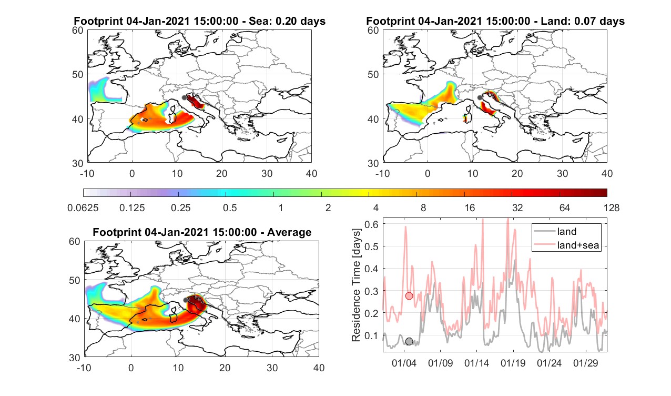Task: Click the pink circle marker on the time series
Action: (409, 296)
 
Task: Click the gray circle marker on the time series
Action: (409, 341)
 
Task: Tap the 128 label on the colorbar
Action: (612, 207)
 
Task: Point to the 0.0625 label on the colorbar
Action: (83, 207)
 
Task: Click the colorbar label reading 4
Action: (375, 207)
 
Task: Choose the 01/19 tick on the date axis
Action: (513, 363)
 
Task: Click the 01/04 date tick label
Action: (404, 363)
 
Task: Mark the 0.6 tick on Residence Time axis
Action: (371, 224)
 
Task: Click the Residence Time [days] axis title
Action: (355, 285)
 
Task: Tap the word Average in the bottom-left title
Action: (289, 232)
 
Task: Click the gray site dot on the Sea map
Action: (184, 97)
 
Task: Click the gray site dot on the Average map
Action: (186, 300)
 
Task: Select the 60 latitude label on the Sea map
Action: (78, 31)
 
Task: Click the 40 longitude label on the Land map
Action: (607, 173)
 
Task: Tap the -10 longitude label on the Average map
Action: (84, 368)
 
